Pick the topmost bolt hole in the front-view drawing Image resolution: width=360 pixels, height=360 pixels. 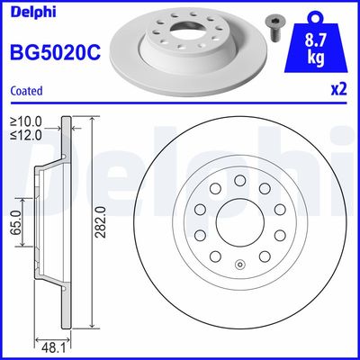click(240, 180)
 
